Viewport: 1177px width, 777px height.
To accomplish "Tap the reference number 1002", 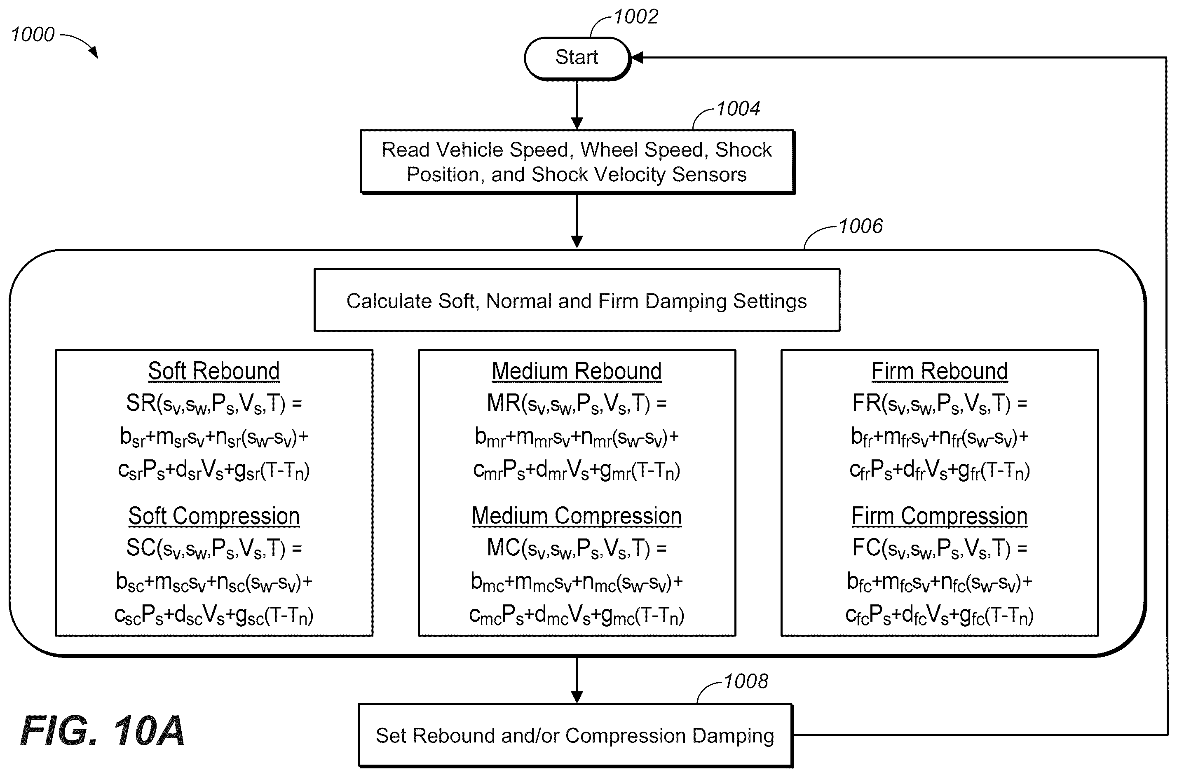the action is coord(636,17).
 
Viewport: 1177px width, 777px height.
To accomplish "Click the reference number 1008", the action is coord(746,681).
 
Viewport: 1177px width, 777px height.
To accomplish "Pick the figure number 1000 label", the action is coord(33,35).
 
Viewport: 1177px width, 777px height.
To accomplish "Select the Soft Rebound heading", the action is coord(213,371).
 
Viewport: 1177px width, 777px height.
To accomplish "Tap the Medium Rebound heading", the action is coord(577,371).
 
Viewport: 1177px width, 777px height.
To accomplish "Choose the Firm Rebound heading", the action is coord(939,371).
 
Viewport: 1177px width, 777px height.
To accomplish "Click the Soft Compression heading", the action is coord(213,516).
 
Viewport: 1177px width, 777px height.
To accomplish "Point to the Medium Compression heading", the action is coord(577,516).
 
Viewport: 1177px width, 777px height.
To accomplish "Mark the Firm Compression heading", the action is coord(939,516).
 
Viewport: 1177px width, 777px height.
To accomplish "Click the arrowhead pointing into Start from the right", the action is coord(637,58).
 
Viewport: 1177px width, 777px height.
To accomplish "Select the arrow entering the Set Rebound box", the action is coord(577,680).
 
